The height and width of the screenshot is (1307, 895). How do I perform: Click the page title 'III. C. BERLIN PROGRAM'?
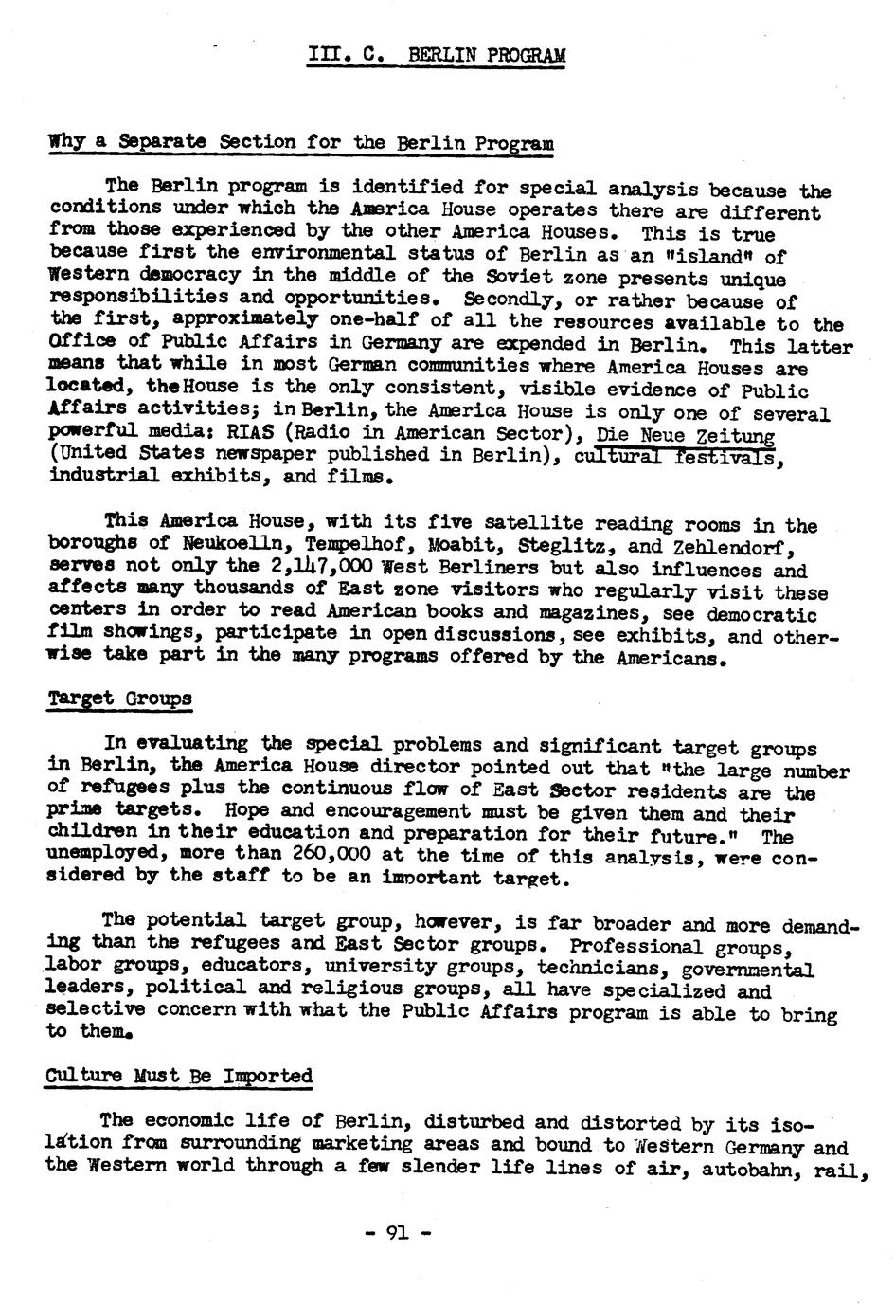[x=437, y=56]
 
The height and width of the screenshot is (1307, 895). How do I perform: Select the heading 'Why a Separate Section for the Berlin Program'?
[x=301, y=143]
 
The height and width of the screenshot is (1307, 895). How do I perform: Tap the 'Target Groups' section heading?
[x=119, y=699]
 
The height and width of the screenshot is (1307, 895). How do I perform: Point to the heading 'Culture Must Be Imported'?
[x=179, y=1076]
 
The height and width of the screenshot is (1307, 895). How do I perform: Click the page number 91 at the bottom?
[x=397, y=1233]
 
